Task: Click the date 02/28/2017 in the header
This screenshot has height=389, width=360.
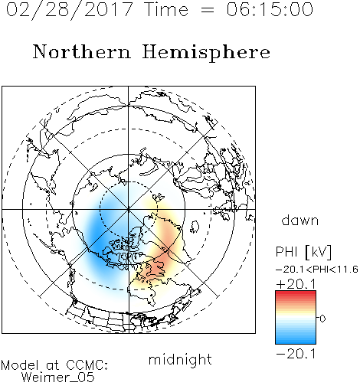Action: tap(70, 10)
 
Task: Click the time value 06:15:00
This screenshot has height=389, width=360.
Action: tap(270, 9)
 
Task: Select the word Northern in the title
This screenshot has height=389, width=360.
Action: tap(82, 51)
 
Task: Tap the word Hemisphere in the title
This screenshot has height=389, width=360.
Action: tap(206, 53)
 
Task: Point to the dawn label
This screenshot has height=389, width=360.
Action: tap(300, 220)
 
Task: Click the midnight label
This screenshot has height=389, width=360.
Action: tap(180, 359)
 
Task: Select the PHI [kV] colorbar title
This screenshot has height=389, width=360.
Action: tap(303, 252)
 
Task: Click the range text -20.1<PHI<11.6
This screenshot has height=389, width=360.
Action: tap(317, 270)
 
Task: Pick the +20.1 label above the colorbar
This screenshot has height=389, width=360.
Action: tap(296, 284)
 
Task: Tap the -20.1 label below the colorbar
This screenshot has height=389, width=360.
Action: tap(296, 354)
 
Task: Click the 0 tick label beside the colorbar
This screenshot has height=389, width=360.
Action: tap(322, 319)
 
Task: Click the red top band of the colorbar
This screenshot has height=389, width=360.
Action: tap(296, 293)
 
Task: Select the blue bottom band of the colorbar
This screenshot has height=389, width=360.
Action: tap(296, 341)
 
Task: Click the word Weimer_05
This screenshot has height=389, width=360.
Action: tap(58, 378)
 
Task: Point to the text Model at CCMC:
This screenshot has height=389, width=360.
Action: tap(54, 365)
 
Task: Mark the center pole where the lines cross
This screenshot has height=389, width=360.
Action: tap(129, 209)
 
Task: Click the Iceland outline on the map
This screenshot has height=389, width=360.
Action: tap(195, 227)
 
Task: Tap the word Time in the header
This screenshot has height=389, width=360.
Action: tap(166, 9)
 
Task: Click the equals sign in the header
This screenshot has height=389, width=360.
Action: tap(207, 10)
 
